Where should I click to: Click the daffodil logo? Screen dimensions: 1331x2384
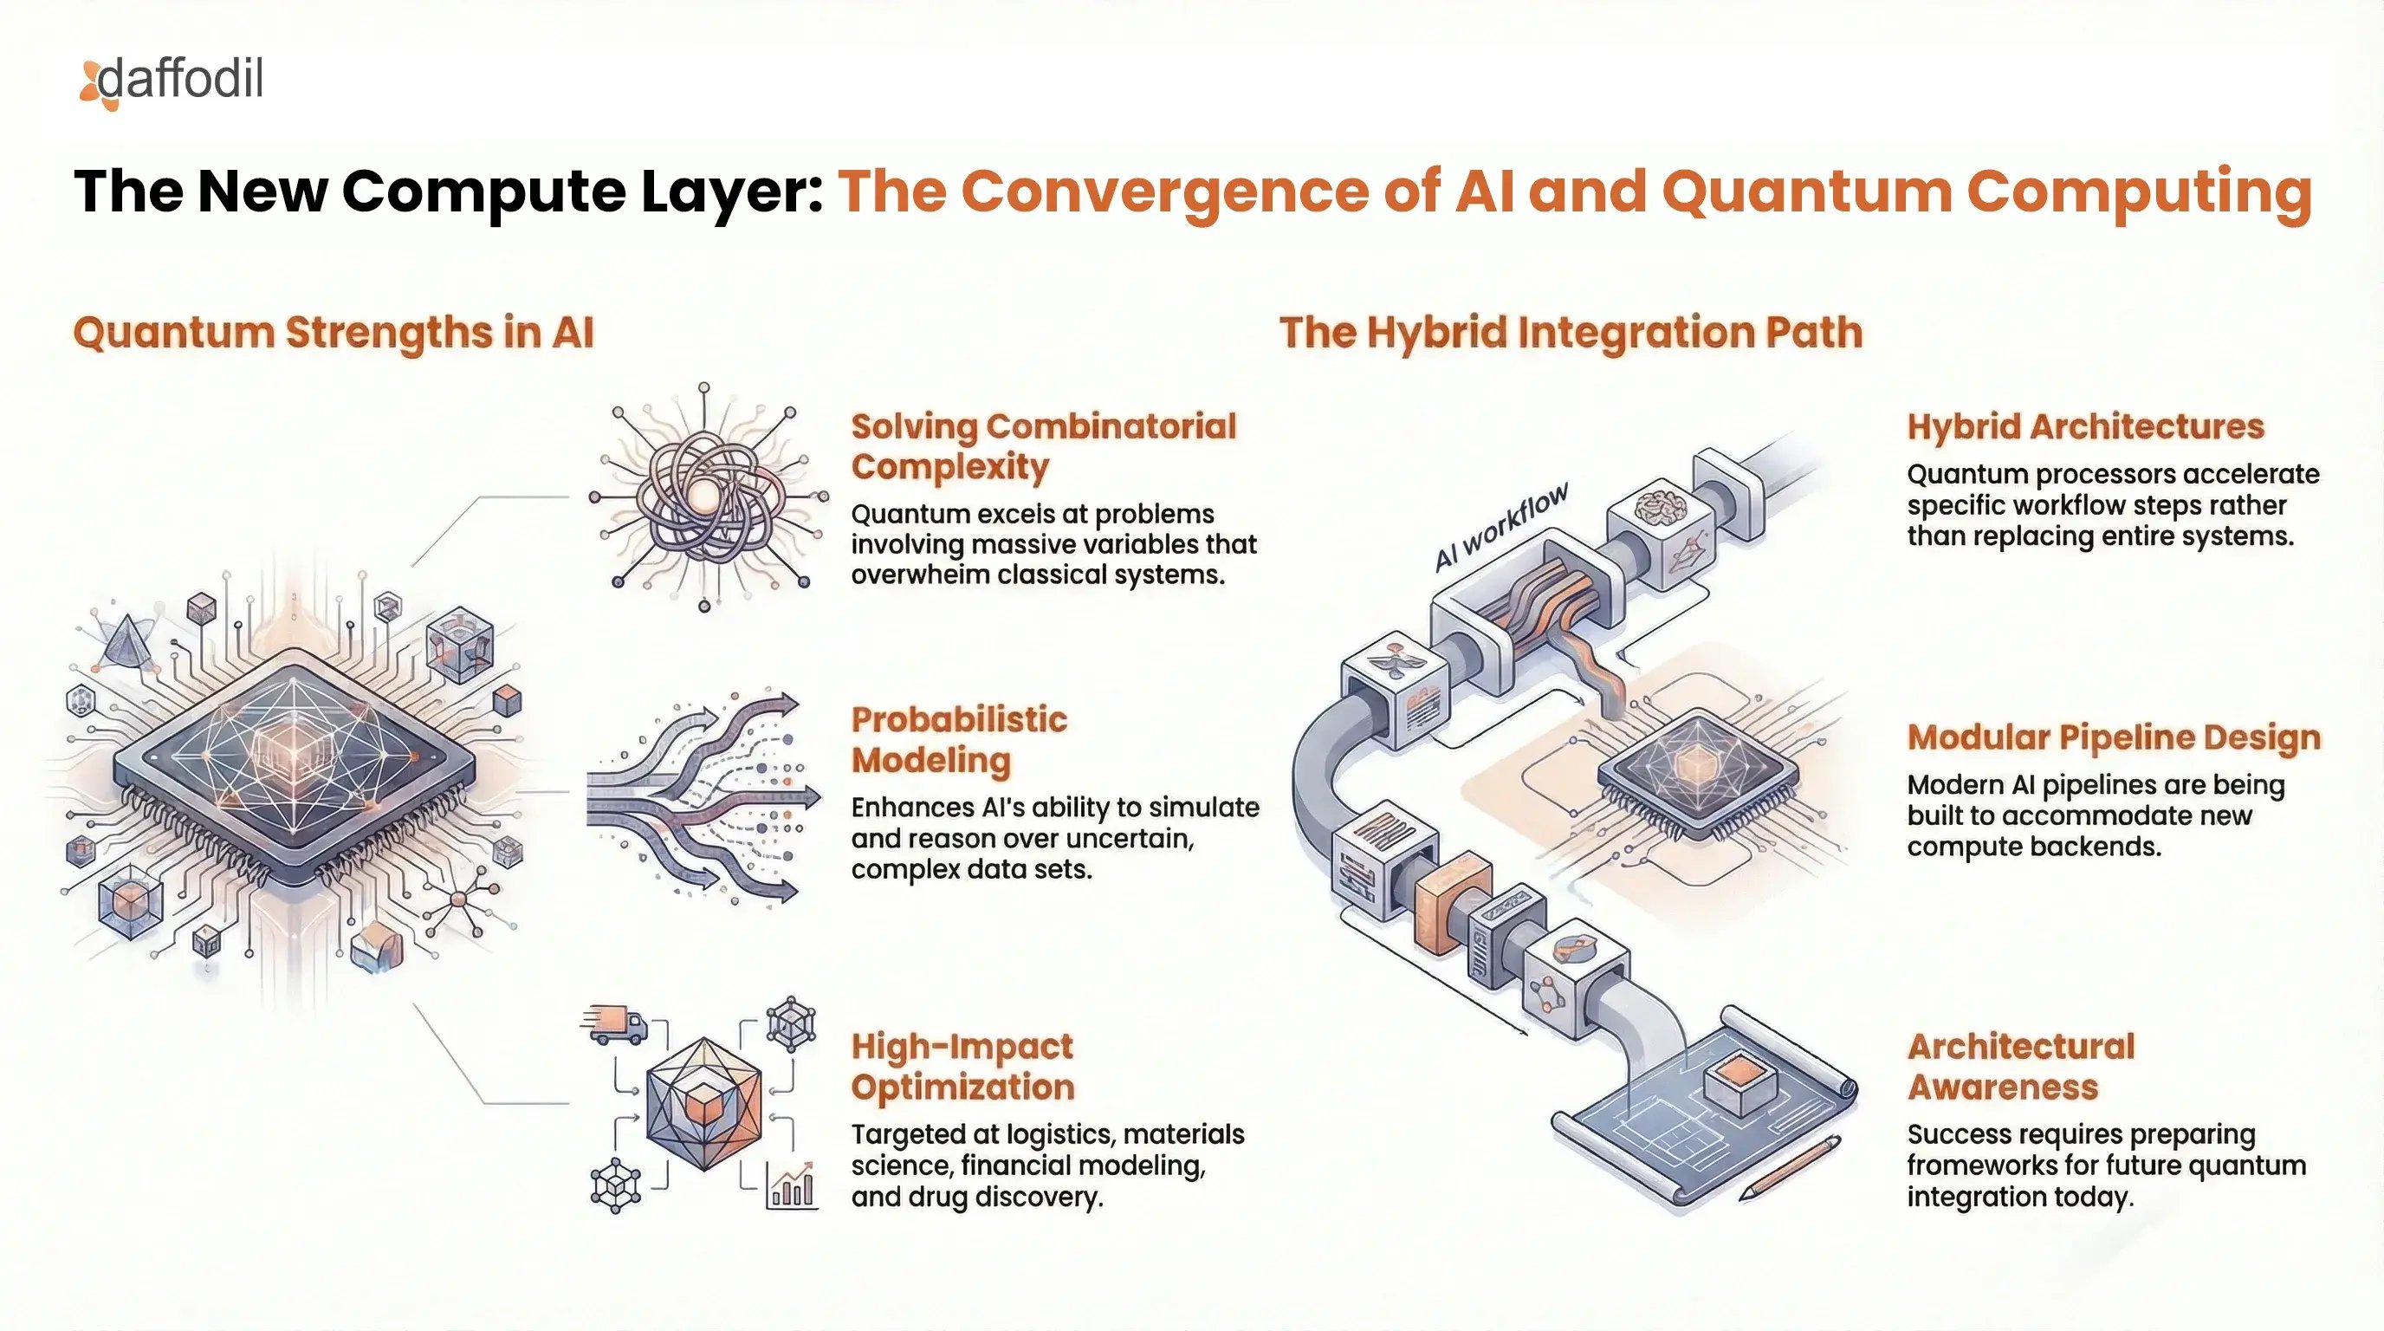(172, 81)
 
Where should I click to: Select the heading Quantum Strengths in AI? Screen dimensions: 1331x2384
(334, 334)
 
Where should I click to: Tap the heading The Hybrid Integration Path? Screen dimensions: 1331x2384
(1571, 334)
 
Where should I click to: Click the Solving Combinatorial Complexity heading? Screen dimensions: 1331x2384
(1042, 446)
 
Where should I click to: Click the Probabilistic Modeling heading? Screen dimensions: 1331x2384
(959, 738)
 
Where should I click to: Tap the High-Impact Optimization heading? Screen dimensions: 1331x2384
(962, 1067)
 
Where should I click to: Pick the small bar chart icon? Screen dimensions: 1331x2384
(792, 1186)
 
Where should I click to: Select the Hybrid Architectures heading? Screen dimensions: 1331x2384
(2085, 426)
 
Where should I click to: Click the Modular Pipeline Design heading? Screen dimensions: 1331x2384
(2114, 737)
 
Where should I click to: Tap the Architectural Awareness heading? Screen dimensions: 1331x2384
(2020, 1067)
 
